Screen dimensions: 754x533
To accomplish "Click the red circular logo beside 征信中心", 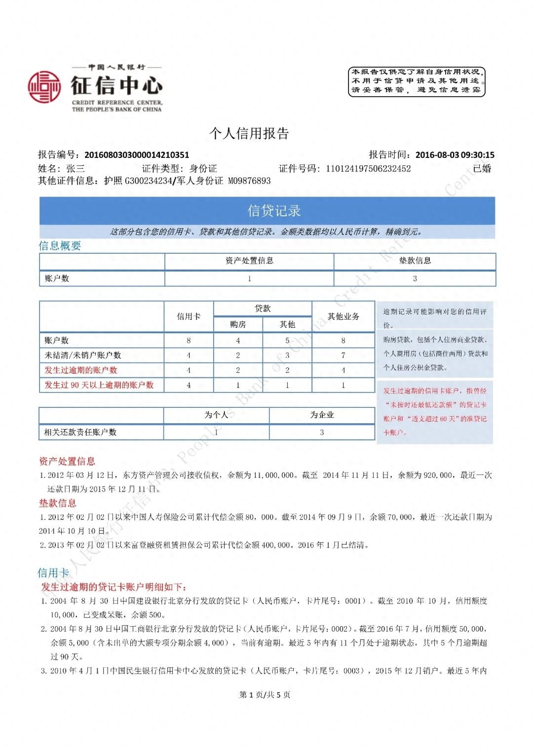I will (44, 87).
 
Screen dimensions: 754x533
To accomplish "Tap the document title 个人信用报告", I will (249, 133).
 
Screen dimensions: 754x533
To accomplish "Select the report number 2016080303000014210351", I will (137, 155).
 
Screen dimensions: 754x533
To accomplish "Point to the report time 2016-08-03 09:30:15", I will (455, 155).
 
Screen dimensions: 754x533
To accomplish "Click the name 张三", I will (76, 169).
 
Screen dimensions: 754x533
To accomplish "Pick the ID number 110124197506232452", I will (368, 169).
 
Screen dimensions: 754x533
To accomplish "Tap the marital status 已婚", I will (482, 169).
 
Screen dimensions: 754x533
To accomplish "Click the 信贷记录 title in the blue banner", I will (274, 211).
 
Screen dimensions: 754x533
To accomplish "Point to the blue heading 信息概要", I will (60, 246).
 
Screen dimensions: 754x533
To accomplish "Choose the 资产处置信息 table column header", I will (249, 261).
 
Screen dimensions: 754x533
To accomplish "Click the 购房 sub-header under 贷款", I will (238, 324).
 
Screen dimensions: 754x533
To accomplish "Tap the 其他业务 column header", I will (343, 317).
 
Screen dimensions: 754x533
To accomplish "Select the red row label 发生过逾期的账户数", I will (81, 370).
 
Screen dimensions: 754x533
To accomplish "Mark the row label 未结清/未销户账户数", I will (83, 356).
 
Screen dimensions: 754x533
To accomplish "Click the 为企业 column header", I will (322, 415).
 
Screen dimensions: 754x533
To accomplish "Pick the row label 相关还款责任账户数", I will (80, 432).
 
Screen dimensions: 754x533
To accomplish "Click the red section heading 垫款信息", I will (58, 503).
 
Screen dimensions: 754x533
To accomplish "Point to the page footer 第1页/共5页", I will (265, 695).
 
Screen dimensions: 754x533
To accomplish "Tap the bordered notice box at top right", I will (417, 81).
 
